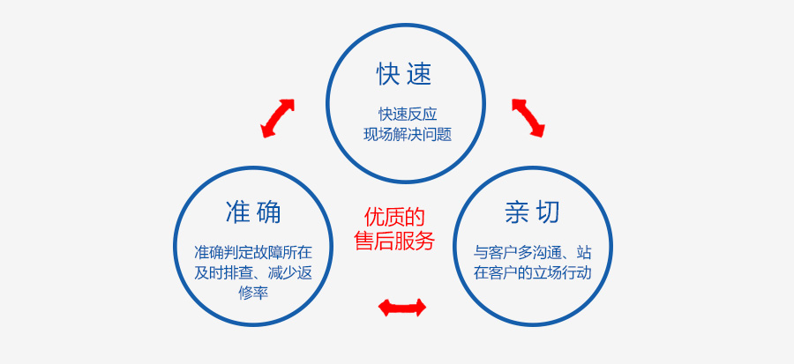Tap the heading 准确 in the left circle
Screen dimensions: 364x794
(x=253, y=212)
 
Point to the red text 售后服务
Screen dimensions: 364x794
(x=394, y=241)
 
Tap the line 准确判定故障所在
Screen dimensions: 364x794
(x=253, y=252)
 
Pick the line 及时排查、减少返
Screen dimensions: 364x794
(x=253, y=272)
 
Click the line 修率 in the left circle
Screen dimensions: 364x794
(x=253, y=293)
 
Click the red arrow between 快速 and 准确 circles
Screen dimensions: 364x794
(x=278, y=118)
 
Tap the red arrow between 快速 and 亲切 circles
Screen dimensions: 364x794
(x=528, y=118)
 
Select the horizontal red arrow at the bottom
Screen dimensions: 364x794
(x=402, y=308)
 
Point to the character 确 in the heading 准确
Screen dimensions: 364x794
(x=268, y=212)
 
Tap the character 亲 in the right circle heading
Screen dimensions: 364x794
(x=517, y=212)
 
